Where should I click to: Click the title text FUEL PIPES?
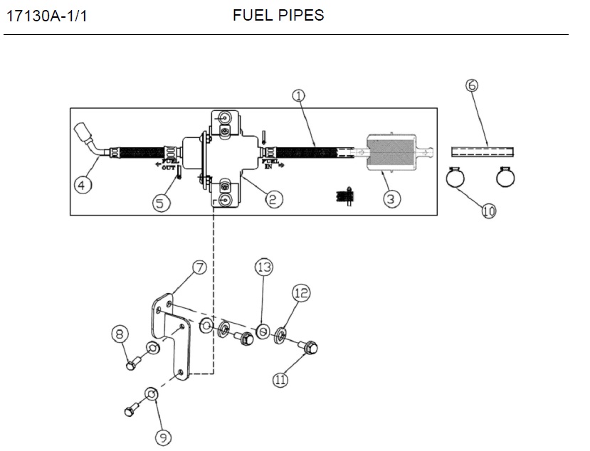[278, 15]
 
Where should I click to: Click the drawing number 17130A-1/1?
[46, 16]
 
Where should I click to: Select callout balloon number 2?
[271, 199]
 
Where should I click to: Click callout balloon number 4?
[83, 186]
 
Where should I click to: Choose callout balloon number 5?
[162, 203]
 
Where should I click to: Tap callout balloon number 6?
[471, 86]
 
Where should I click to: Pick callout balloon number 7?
[200, 267]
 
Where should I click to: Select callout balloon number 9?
[164, 437]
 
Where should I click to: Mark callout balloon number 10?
[488, 211]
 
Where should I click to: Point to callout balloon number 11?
[280, 380]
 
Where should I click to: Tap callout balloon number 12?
[300, 292]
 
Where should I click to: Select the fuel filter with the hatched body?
[393, 153]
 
